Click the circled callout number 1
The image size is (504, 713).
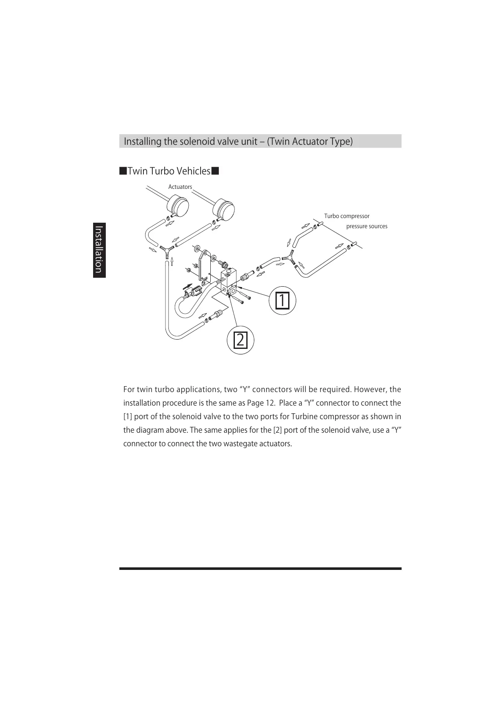282,300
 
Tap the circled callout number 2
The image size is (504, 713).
240,340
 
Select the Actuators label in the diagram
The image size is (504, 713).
180,187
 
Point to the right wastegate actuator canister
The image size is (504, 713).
224,208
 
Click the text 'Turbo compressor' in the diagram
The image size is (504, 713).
347,216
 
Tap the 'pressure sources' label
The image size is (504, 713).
366,226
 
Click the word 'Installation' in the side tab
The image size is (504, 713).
99,250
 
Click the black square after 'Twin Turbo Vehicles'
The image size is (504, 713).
215,171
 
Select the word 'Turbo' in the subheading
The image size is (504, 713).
162,171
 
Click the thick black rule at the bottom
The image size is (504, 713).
260,569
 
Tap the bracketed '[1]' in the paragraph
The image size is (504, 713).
128,417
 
